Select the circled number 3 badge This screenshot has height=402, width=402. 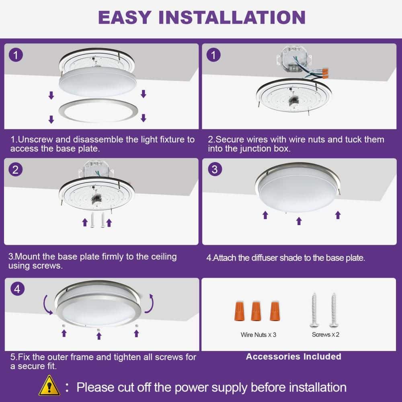click(x=214, y=169)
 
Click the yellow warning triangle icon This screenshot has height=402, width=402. click(x=49, y=386)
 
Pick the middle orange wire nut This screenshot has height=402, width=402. click(x=255, y=311)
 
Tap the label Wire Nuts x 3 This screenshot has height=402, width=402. click(x=258, y=334)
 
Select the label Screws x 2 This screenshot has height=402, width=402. click(x=325, y=334)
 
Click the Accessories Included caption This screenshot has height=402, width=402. click(x=293, y=357)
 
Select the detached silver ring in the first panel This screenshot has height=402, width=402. click(x=99, y=111)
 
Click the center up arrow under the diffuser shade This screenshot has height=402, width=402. click(x=299, y=221)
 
